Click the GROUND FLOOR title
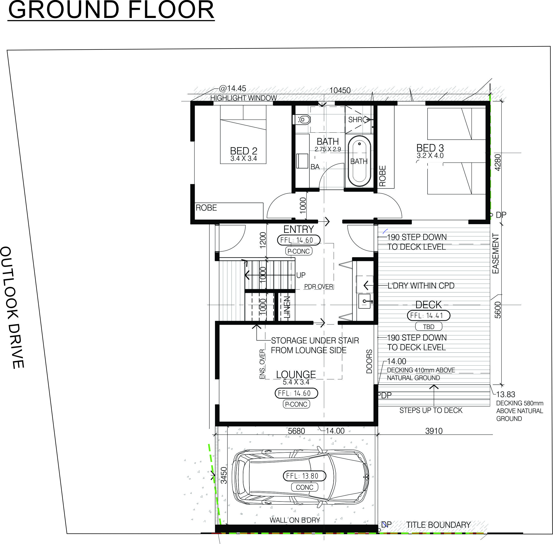coord(111,10)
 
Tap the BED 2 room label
coord(244,151)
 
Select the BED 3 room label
coord(430,148)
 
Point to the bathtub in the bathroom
coord(359,161)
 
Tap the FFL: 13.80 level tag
coord(304,476)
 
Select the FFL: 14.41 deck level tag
coord(428,315)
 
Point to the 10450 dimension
coord(340,91)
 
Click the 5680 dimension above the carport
coord(296,431)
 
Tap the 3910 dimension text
coord(434,431)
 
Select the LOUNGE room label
coord(296,374)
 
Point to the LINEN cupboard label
coord(287,307)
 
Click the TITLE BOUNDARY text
coord(438,525)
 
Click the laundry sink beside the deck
coord(364,301)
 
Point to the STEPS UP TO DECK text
coord(430,410)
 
